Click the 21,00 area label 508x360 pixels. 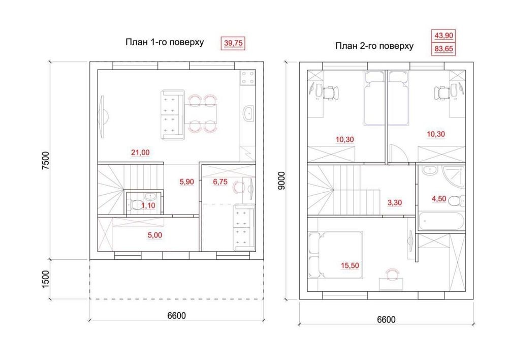[140, 152]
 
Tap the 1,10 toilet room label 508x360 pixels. [148, 205]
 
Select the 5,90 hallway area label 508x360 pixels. [186, 182]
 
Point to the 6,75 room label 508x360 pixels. [220, 182]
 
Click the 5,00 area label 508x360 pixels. [155, 235]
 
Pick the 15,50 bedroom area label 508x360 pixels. [350, 265]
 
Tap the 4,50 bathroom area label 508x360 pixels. [439, 198]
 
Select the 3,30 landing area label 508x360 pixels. [395, 203]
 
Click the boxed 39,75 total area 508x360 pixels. [233, 43]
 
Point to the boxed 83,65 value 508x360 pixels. [444, 49]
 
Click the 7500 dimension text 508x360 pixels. [46, 160]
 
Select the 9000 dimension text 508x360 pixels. [281, 181]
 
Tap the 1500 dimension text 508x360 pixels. [46, 279]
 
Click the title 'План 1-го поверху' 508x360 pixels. [165, 42]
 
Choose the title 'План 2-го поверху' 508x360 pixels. [374, 46]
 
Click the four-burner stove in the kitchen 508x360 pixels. [247, 78]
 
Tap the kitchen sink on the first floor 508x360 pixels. [249, 113]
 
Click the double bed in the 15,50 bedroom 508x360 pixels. [335, 255]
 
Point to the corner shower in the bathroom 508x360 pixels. [454, 177]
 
